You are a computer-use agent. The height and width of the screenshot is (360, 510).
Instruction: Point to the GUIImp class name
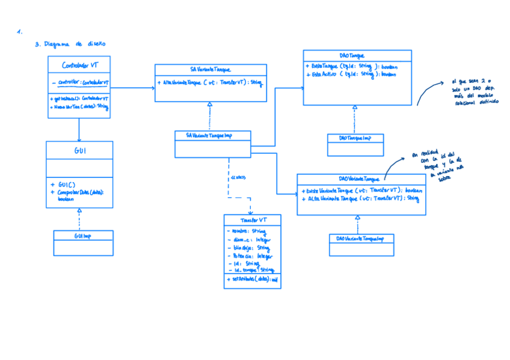[82, 236]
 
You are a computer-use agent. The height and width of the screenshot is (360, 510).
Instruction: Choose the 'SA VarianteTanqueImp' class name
[211, 136]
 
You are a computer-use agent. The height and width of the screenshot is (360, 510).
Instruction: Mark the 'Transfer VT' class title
[253, 220]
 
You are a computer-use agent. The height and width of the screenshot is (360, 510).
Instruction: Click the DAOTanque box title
[357, 55]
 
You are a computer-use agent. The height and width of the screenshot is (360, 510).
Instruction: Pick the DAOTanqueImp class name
[355, 138]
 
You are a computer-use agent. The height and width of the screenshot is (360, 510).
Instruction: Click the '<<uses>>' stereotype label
[237, 178]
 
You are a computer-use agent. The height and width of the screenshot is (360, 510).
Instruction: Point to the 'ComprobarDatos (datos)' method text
[81, 192]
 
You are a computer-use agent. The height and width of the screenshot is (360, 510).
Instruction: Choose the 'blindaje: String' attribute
[248, 248]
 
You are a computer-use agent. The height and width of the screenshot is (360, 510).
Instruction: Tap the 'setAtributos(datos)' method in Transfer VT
[251, 279]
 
